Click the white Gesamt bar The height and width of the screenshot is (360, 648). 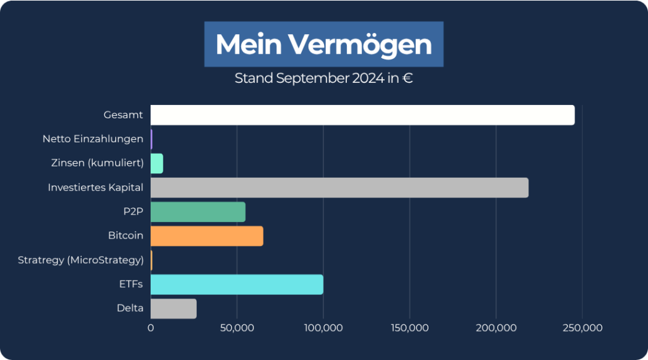[x=362, y=115]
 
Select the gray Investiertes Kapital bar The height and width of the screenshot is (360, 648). [x=339, y=188]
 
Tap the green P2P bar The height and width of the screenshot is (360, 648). [x=197, y=212]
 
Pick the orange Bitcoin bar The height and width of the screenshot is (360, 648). [x=206, y=236]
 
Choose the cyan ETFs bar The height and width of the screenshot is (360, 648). [x=237, y=285]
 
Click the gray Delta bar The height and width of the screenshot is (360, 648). [x=173, y=309]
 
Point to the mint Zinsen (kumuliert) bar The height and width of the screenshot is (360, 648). [x=156, y=163]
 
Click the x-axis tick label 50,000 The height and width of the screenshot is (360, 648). [x=237, y=328]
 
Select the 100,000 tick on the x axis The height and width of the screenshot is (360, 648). [x=323, y=328]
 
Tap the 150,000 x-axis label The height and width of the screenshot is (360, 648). [x=409, y=328]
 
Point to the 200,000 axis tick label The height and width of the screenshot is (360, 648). [x=495, y=328]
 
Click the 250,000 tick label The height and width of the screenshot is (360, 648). [x=582, y=328]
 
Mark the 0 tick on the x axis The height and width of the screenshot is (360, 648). [x=151, y=328]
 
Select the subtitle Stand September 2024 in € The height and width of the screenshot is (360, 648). [x=323, y=79]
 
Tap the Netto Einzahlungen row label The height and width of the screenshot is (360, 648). [x=93, y=139]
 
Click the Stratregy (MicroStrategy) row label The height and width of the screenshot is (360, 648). [x=80, y=260]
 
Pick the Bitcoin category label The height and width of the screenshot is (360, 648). [x=125, y=236]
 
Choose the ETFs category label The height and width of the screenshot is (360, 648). [x=131, y=285]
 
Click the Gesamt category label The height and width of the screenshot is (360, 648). [x=123, y=115]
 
